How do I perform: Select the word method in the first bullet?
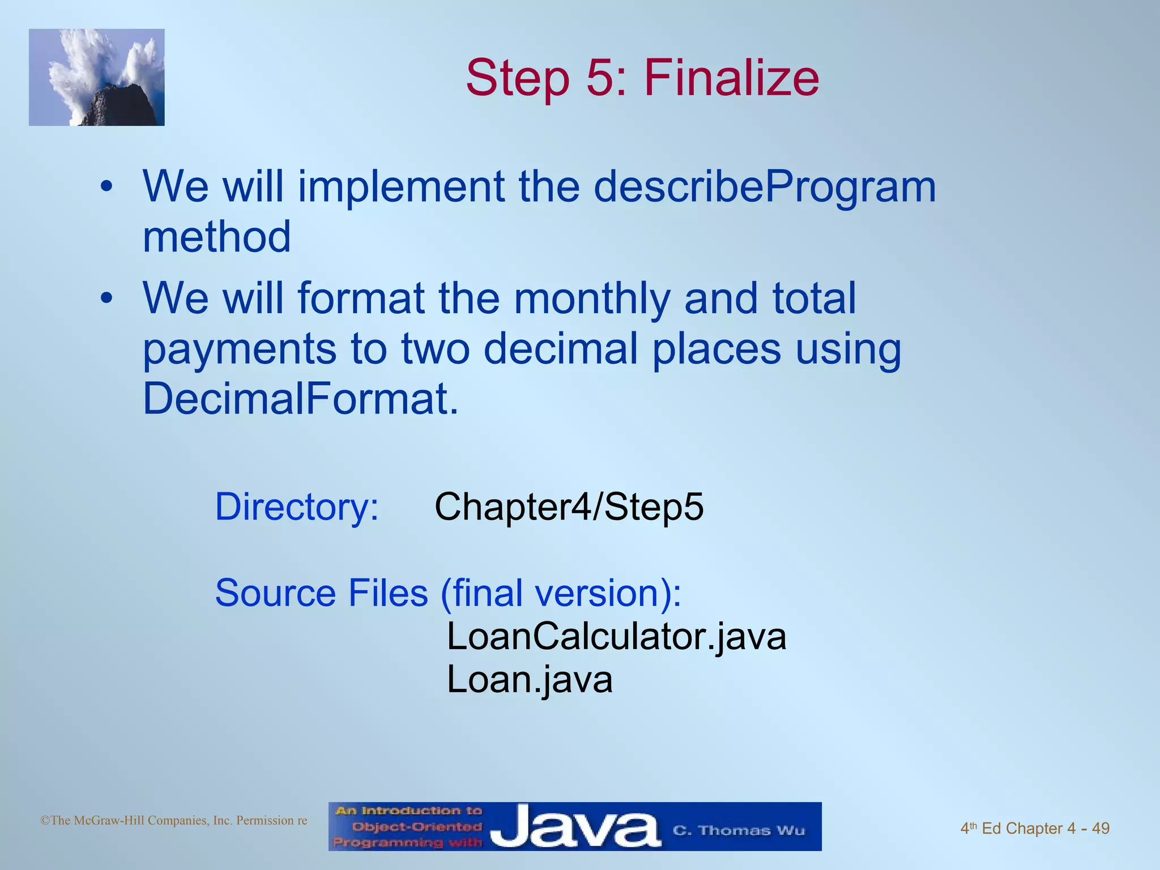coord(216,236)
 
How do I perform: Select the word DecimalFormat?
coord(300,398)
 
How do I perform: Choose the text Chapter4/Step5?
coord(569,506)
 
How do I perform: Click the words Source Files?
coord(321,593)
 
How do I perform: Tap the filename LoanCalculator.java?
coord(616,637)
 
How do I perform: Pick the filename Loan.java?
coord(530,680)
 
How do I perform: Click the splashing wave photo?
coord(97,77)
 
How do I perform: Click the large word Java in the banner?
coord(575,828)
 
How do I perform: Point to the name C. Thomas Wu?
coord(739,830)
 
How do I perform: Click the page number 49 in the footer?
coord(1101,828)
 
